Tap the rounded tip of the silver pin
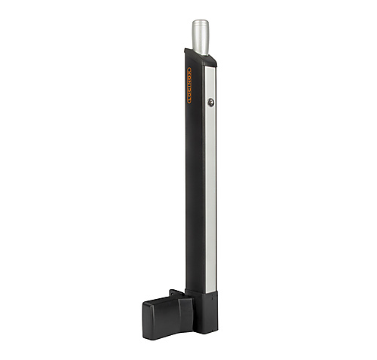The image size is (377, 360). tap(201, 22)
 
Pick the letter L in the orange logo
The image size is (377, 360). tap(189, 101)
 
